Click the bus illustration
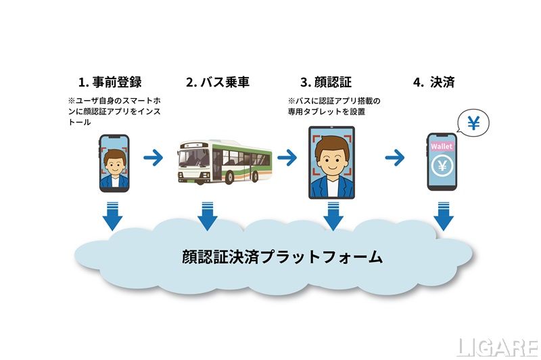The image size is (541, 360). tap(222, 162)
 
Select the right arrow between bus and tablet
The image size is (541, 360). tap(287, 158)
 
